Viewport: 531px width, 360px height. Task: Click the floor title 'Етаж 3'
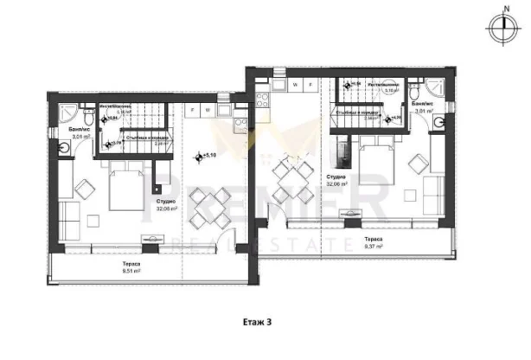[257, 321]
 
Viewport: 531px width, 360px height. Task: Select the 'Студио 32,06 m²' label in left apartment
[168, 205]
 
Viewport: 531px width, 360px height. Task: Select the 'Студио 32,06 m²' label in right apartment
[338, 181]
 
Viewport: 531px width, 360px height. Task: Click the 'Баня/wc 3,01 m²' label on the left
[80, 133]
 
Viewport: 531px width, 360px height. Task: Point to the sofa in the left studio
[62, 202]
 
